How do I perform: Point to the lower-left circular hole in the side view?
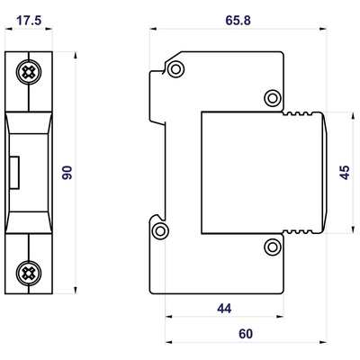point(161,232)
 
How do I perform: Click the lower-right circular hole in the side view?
point(273,244)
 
